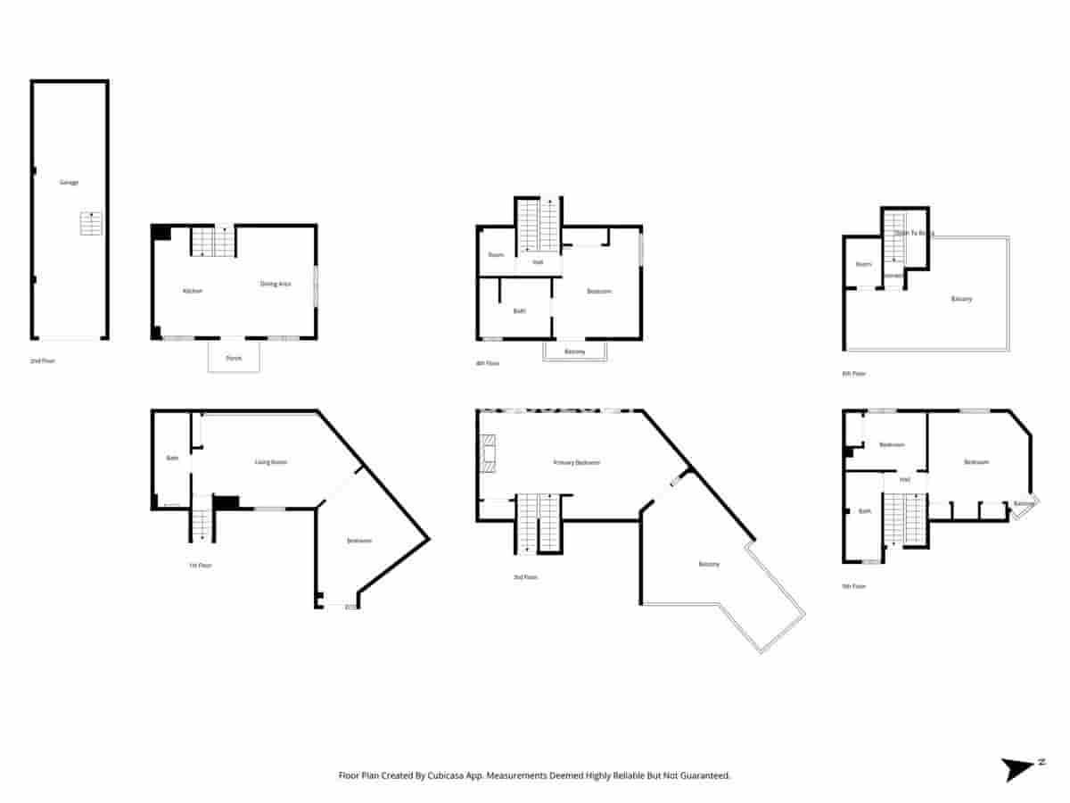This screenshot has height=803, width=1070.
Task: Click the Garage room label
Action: point(69,182)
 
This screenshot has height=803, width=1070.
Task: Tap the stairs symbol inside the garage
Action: point(91,223)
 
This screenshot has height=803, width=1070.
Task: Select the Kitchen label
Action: point(192,291)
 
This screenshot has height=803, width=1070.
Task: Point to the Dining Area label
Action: point(276,284)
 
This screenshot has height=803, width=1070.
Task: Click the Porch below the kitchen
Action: point(234,357)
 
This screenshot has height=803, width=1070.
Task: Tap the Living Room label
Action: point(271,462)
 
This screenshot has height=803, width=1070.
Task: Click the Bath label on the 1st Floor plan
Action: point(172,458)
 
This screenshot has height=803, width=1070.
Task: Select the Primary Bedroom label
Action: point(576,462)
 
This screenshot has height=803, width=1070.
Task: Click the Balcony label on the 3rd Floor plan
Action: point(709,564)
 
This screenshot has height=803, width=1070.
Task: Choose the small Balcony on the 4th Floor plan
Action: point(575,352)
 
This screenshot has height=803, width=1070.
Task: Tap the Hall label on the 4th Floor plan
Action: point(538,262)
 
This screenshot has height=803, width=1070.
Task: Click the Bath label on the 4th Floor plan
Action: point(519,310)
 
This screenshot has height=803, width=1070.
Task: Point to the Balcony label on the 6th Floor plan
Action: point(961,299)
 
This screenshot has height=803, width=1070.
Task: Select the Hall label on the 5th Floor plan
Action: point(904,480)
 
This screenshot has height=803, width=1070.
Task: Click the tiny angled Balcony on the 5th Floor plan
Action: point(1024,504)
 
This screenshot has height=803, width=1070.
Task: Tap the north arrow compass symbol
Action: point(1019,769)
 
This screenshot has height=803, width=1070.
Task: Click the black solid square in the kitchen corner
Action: point(161,233)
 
